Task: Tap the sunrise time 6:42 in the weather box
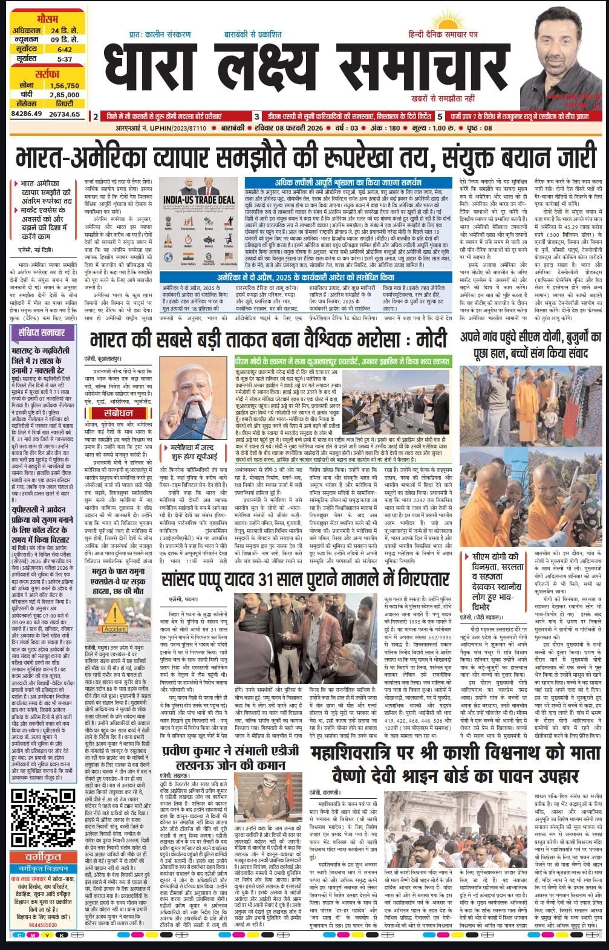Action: (65, 49)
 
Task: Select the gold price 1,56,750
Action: (64, 85)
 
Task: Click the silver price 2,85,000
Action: (64, 94)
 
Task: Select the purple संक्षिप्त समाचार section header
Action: (43, 332)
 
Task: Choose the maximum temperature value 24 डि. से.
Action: (64, 30)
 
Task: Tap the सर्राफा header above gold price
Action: (43, 75)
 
